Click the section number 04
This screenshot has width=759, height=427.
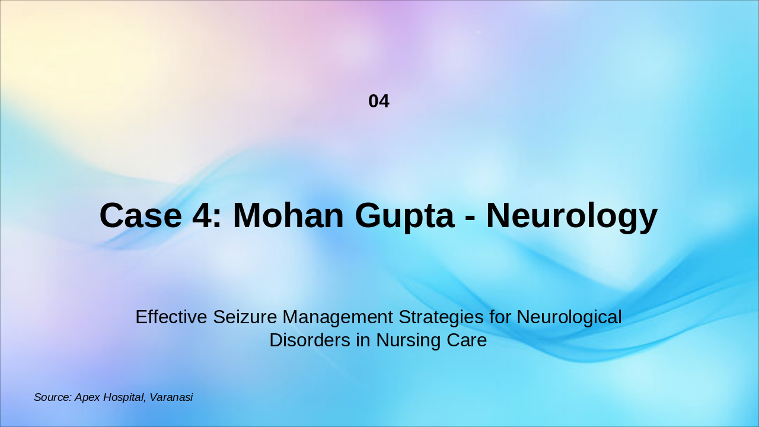[x=379, y=101]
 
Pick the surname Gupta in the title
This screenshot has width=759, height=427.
[x=404, y=216]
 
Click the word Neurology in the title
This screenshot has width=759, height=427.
[x=572, y=216]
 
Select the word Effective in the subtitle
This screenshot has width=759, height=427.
[x=171, y=317]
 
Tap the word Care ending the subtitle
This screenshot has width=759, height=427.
[x=468, y=341]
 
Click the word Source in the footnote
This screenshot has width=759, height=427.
[x=52, y=397]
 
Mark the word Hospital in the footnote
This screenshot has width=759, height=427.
[x=124, y=398]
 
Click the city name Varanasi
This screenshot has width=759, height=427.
[x=171, y=397]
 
